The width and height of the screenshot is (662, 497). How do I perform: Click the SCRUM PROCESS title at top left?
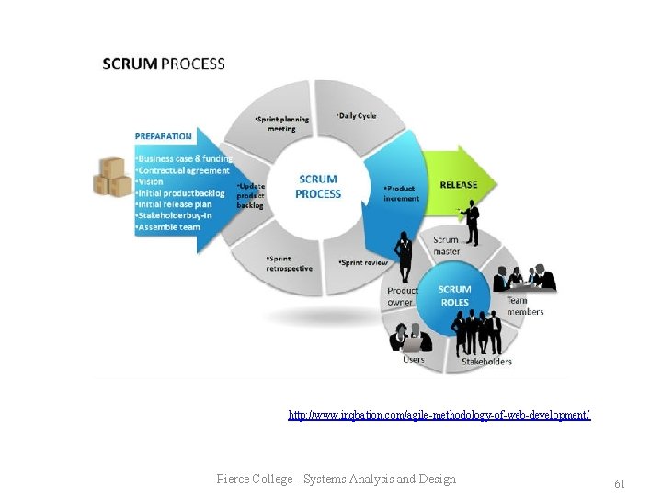(164, 64)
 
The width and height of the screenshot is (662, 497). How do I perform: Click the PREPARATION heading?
(165, 135)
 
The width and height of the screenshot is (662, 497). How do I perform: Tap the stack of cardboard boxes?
(112, 177)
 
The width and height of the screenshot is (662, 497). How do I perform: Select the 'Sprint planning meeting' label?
(281, 123)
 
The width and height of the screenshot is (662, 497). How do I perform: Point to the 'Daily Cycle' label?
(358, 116)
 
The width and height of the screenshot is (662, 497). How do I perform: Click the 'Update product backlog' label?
(250, 195)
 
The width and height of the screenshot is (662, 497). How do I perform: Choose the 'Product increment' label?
(401, 193)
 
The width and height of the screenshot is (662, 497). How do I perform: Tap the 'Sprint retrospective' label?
(289, 263)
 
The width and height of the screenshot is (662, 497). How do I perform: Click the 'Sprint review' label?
(364, 262)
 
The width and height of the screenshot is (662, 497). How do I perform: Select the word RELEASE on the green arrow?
(458, 185)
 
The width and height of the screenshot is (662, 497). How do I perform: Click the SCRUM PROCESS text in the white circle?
(318, 186)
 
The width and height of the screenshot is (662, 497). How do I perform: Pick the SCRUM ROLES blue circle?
(454, 295)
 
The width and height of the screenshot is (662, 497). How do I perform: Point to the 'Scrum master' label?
(447, 246)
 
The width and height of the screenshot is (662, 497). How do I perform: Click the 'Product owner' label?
(402, 296)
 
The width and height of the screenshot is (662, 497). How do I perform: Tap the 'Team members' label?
(525, 306)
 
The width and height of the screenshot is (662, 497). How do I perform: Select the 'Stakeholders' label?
(486, 362)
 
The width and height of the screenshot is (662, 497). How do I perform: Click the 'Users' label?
(414, 359)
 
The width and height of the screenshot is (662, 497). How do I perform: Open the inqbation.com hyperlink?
(439, 415)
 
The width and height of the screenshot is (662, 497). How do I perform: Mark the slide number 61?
(619, 483)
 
